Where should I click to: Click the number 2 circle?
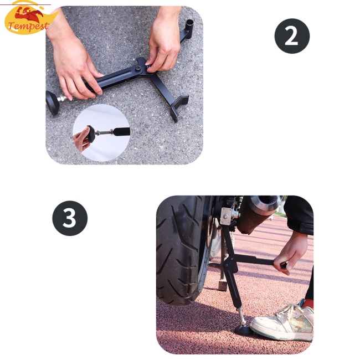click(x=292, y=36)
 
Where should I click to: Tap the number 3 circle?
click(x=70, y=218)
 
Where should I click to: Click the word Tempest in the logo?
click(x=29, y=26)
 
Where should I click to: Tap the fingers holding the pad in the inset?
click(x=81, y=142)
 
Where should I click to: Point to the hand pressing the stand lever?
click(x=292, y=252)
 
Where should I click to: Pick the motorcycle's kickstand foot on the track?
click(x=222, y=286)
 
